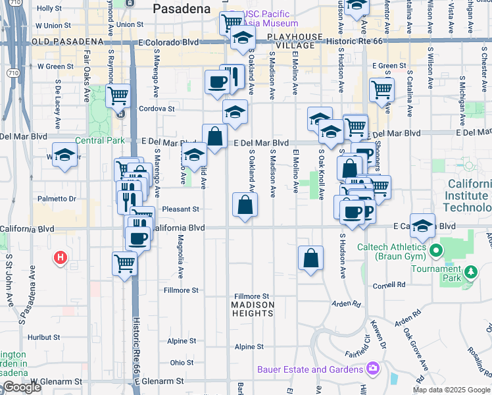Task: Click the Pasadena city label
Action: [x=182, y=9]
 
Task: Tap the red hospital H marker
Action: [x=61, y=257]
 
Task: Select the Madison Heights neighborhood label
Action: [x=253, y=309]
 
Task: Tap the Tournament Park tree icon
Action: [x=470, y=272]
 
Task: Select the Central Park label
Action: [x=99, y=140]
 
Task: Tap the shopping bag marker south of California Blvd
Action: [x=310, y=258]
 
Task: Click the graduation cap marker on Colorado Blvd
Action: [x=243, y=38]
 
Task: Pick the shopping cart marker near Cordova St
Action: [x=118, y=95]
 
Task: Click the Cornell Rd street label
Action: [x=389, y=285]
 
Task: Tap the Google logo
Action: [x=21, y=388]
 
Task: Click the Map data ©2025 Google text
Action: [x=452, y=390]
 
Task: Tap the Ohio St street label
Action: [x=182, y=363]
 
